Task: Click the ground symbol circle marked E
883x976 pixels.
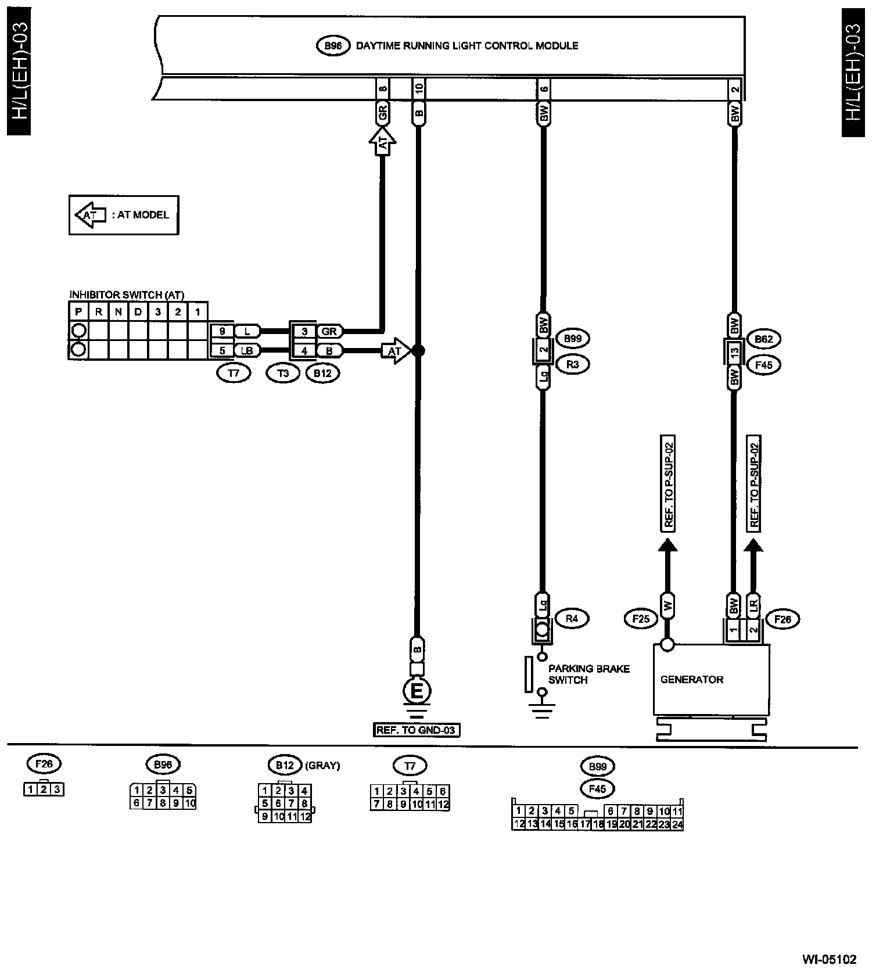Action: (417, 691)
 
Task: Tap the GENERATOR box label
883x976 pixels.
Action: (692, 679)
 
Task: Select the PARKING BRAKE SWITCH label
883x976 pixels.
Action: (588, 674)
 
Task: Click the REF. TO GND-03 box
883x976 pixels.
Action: (417, 730)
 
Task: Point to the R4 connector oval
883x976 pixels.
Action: (572, 619)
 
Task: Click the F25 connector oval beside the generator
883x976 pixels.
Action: (641, 619)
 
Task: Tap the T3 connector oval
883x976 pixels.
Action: (283, 374)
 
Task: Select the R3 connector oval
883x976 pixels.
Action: (572, 364)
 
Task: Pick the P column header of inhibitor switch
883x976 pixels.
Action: (78, 312)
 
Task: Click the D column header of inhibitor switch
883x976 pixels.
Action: (138, 312)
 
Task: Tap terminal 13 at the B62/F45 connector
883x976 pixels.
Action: (734, 351)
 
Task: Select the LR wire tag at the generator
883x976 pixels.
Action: (753, 606)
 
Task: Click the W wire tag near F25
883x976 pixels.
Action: (667, 606)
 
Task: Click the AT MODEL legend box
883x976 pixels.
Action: (124, 215)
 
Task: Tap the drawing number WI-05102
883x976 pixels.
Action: (830, 959)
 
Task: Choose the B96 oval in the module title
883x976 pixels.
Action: (333, 45)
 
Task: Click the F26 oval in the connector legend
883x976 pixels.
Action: (44, 764)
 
